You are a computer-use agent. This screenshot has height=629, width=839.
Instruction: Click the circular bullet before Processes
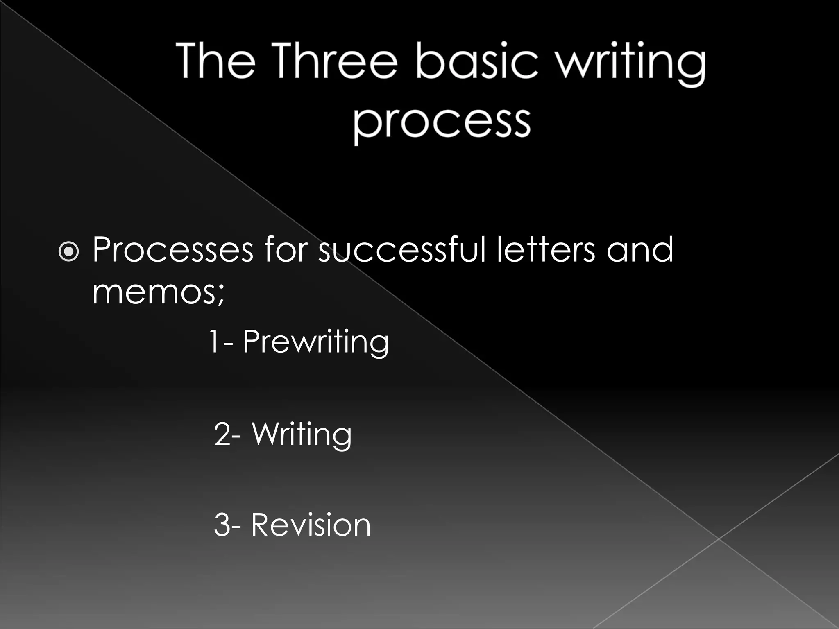(69, 251)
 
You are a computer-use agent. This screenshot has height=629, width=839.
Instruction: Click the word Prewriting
(316, 342)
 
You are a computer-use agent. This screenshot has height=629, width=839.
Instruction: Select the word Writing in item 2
(302, 434)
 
